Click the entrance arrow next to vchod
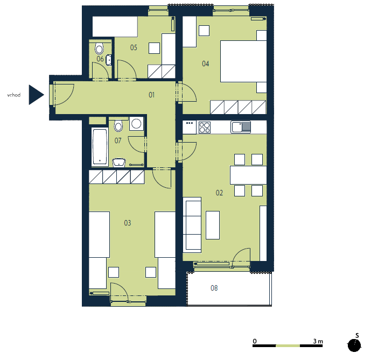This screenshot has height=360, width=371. point(36,95)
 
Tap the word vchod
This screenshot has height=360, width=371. point(13,95)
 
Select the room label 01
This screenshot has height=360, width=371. point(151,95)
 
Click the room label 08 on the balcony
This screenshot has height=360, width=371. point(214,288)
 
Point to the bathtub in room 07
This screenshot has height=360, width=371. point(100,147)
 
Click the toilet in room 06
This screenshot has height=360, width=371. point(99,48)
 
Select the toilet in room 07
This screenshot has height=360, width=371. point(118,125)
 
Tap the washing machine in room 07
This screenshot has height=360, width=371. point(136,123)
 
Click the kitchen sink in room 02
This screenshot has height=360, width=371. point(241,127)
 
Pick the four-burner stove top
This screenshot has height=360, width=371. point(205,127)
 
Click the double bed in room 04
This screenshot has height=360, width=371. point(243,61)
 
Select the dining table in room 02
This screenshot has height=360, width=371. point(248,175)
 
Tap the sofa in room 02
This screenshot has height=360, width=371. point(192,225)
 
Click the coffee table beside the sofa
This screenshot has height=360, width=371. point(213,225)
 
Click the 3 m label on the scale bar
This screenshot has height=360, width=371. point(318,341)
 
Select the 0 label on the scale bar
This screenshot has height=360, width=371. point(255,341)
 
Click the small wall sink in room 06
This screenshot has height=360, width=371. point(109,60)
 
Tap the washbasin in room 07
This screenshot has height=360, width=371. point(118,163)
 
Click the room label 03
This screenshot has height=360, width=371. point(127,223)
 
